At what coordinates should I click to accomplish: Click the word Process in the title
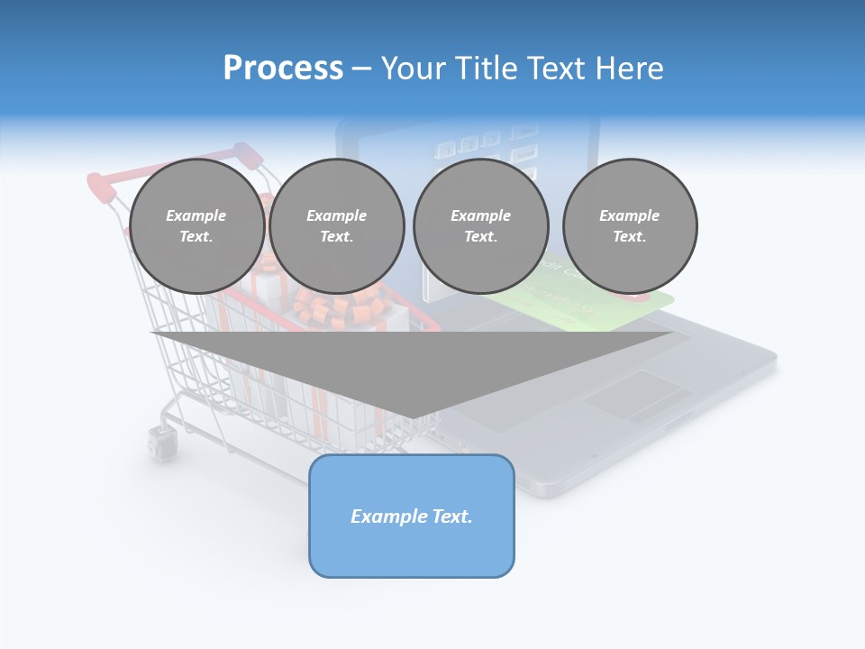coord(283,69)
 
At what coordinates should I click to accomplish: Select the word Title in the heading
coord(487,69)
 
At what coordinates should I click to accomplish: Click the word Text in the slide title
coord(556,69)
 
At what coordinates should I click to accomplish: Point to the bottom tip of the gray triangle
coord(412,417)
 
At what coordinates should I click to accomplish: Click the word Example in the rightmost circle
coord(629,215)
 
